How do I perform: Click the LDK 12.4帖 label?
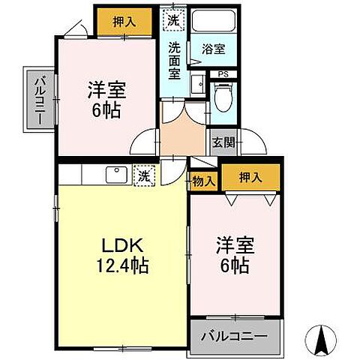tap(124, 255)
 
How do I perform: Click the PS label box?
tap(222, 73)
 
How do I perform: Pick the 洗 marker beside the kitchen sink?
tap(142, 176)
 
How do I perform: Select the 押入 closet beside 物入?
tap(250, 177)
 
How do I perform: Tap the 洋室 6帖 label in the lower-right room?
tap(235, 255)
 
